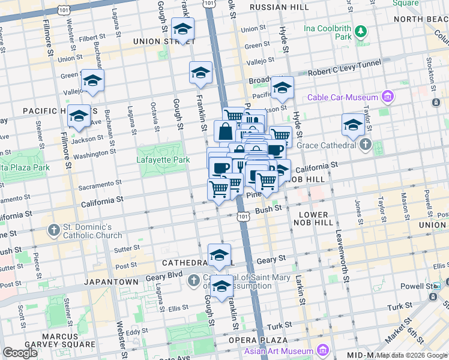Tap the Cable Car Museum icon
click(388, 97)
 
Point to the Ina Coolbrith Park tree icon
click(361, 31)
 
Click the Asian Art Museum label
click(280, 350)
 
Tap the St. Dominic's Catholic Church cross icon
click(53, 230)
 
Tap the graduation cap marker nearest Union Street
click(182, 29)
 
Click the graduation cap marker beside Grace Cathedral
click(353, 125)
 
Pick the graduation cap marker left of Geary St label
click(219, 255)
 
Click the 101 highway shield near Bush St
click(243, 217)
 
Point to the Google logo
click(20, 353)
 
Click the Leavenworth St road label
click(342, 257)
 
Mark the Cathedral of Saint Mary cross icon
click(194, 281)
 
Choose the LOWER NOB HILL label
click(311, 218)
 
